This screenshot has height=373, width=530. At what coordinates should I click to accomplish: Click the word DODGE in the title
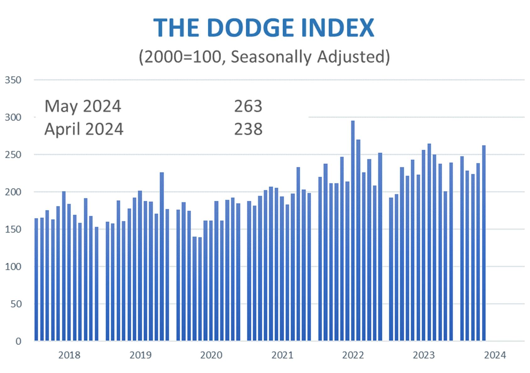pos(250,28)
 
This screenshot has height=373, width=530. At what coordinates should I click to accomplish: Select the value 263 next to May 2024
pos(248,106)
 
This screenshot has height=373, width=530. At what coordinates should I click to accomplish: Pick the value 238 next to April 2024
pos(248,129)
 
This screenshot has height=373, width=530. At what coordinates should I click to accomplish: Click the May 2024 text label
pos(83,106)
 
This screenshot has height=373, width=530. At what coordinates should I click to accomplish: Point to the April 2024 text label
pos(84,129)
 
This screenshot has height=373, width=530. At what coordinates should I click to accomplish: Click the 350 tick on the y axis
pos(13,80)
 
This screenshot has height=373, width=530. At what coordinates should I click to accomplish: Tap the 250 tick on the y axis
pos(13,155)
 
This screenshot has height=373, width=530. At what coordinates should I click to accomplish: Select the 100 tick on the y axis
pos(13,267)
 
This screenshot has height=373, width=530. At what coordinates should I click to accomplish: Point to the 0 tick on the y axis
pos(18,341)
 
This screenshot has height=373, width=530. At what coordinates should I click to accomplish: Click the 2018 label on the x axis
pos(69,355)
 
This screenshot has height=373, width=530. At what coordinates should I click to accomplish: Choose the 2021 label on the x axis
pos(282,355)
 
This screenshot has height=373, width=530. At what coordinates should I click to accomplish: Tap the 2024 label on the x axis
pos(495,355)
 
